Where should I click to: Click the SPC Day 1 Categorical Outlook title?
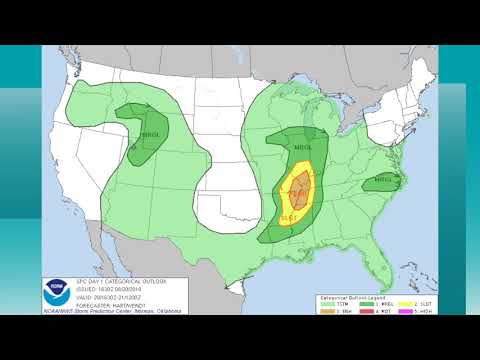click(x=122, y=281)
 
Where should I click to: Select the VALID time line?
click(x=115, y=297)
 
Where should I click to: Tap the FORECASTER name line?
click(x=117, y=304)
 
